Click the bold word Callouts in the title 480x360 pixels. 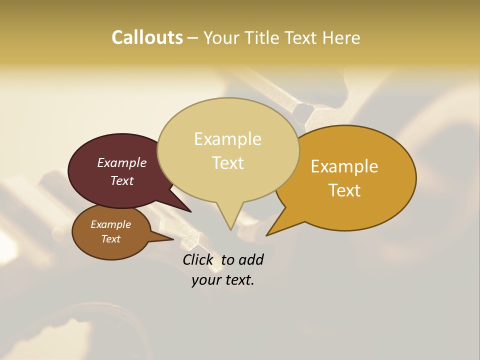147,37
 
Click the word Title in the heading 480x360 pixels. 263,37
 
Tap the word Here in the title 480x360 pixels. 342,37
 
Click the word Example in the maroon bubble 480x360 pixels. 121,163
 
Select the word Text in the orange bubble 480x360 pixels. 344,190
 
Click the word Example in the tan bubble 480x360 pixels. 227,139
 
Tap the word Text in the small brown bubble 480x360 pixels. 111,239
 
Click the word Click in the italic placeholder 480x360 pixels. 199,259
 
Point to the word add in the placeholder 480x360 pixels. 251,259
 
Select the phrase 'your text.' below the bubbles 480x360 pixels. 222,280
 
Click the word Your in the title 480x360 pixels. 222,37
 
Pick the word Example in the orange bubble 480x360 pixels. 344,166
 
